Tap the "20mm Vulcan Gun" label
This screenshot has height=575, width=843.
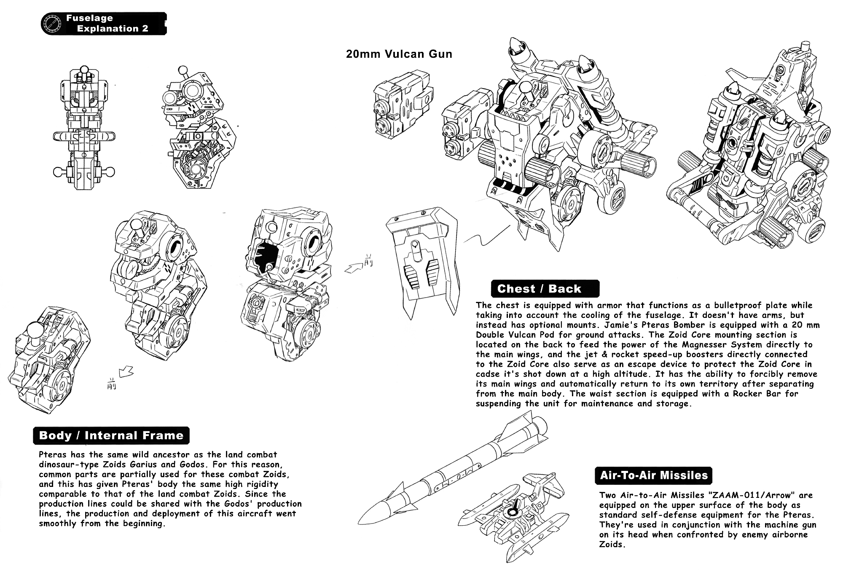(399, 54)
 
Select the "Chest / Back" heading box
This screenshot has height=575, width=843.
(545, 289)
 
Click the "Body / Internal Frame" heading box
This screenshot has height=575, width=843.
(111, 435)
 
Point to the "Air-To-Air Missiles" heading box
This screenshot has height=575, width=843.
(653, 475)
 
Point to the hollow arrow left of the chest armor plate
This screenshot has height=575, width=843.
(354, 268)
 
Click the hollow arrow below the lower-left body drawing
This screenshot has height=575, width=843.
(126, 372)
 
